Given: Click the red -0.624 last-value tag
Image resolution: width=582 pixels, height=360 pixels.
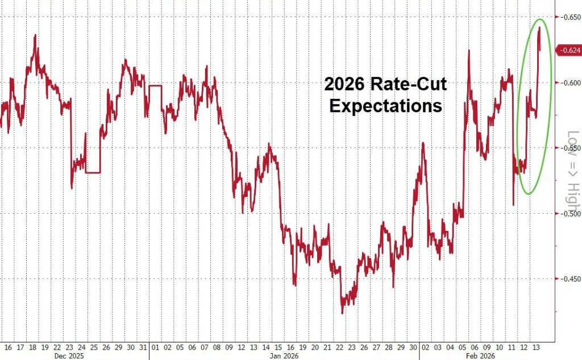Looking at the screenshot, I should (x=569, y=50).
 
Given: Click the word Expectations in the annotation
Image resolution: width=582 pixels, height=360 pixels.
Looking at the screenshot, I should (x=385, y=106).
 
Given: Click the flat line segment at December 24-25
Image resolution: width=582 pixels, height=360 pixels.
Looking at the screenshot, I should (x=93, y=172).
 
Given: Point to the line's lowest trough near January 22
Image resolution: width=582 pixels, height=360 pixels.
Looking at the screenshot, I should (x=342, y=313).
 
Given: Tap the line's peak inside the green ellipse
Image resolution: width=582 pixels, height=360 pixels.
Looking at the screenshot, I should (x=539, y=27).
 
